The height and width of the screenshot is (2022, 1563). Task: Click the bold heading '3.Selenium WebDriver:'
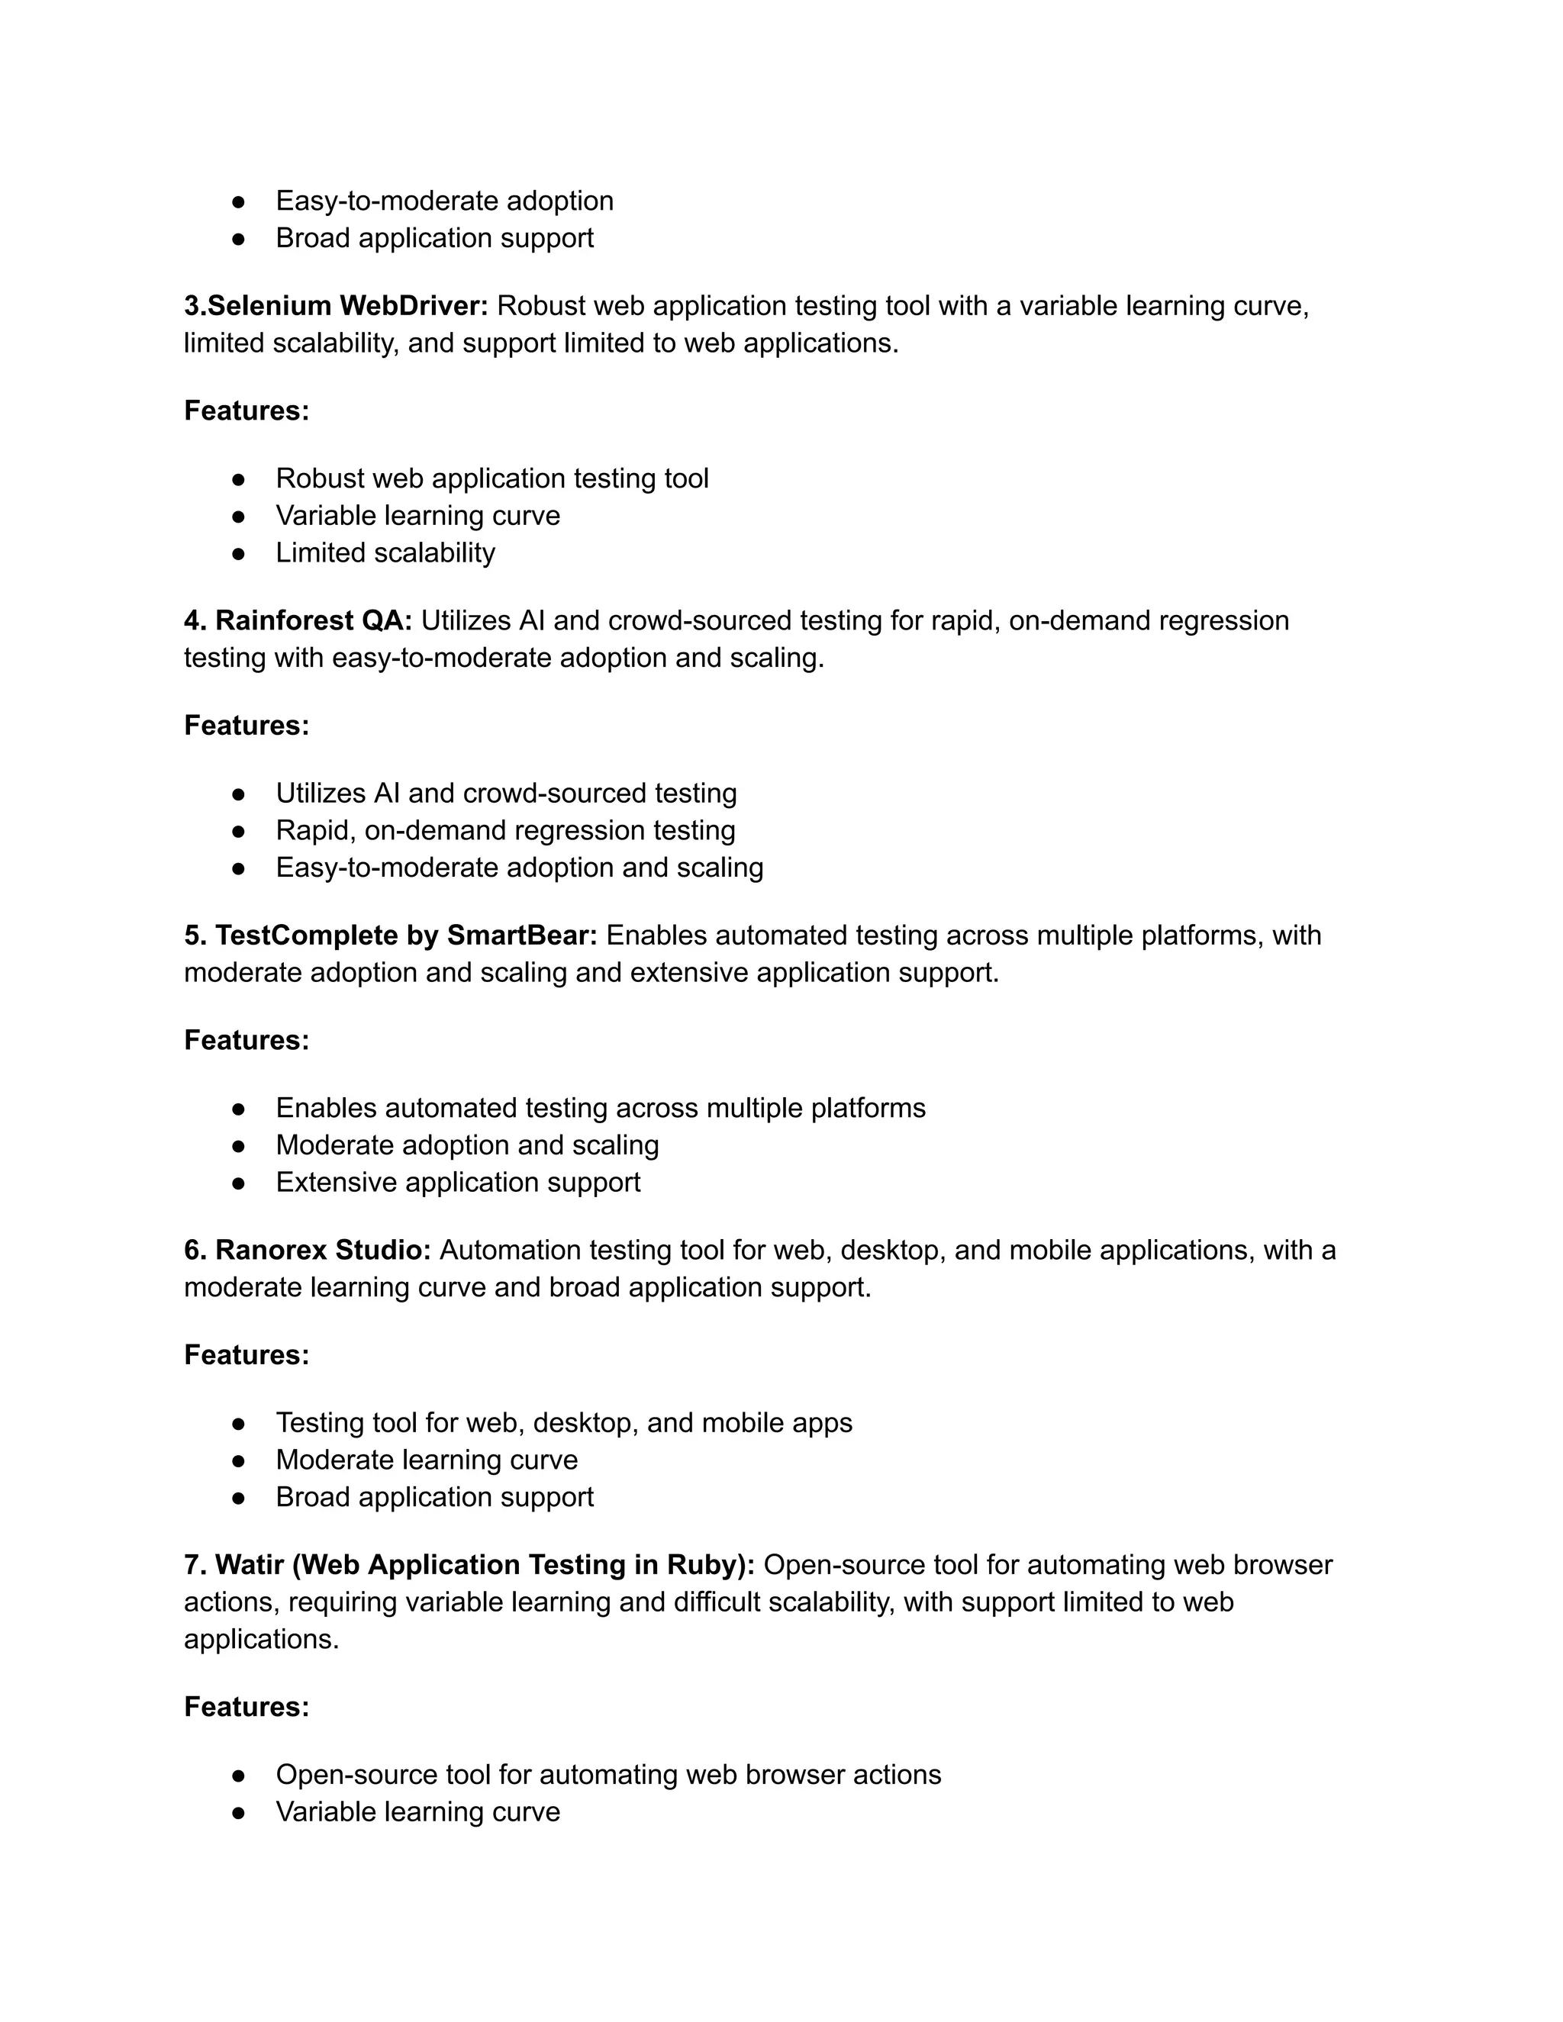tap(335, 305)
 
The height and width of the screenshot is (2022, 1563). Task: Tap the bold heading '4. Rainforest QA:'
tap(297, 620)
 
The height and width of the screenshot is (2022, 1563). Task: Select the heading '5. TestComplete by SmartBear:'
tap(391, 935)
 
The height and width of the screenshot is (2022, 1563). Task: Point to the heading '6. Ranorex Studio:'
tap(308, 1250)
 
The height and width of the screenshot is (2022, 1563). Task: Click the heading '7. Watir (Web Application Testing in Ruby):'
tap(469, 1565)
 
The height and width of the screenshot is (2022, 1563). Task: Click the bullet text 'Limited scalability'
tap(385, 552)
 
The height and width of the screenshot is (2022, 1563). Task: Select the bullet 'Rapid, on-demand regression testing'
tap(505, 830)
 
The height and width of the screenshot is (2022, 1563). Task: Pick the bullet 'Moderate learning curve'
tap(427, 1460)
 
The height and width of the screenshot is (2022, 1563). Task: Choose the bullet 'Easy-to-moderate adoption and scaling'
tap(520, 868)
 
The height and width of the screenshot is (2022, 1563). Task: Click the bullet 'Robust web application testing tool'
tap(491, 478)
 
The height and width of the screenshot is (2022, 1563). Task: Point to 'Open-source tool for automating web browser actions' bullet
tap(608, 1775)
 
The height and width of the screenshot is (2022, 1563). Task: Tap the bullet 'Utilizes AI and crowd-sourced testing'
tap(507, 794)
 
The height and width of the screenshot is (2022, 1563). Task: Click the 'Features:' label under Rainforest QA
tap(247, 725)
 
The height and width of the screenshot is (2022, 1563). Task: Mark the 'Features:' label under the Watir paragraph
tap(247, 1706)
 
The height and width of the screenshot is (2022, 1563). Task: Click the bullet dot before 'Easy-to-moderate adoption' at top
tap(238, 201)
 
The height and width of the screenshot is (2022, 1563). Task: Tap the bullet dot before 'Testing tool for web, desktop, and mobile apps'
tap(238, 1423)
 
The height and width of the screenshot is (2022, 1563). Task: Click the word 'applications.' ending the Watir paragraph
tap(261, 1640)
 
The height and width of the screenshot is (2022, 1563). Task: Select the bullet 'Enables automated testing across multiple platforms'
tap(601, 1108)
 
